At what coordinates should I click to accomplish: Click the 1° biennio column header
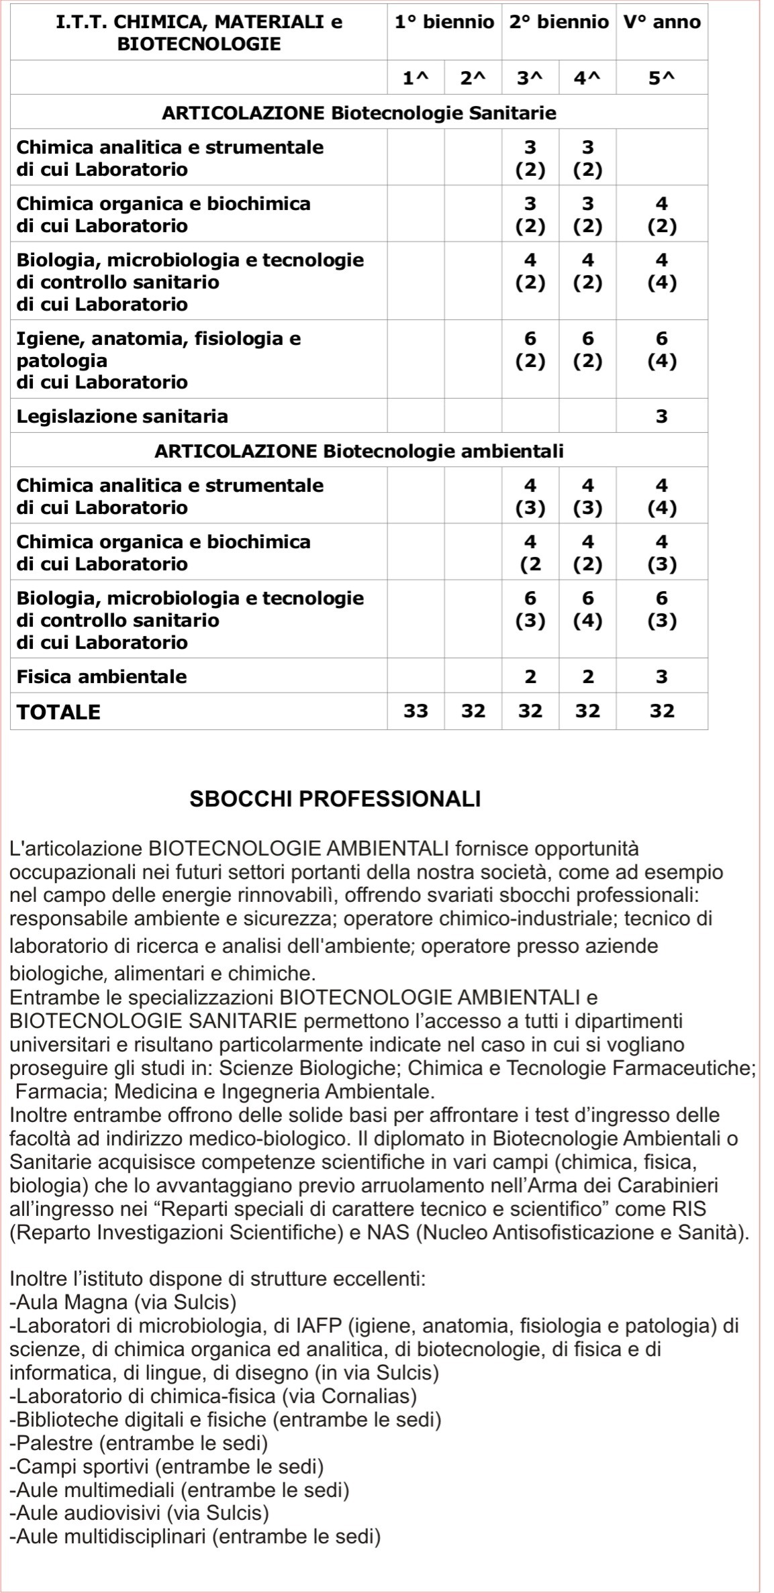444,22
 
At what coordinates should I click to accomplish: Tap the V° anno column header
661,22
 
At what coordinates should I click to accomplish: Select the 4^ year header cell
587,79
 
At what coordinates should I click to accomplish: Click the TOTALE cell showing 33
416,711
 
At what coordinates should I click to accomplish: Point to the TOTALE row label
59,712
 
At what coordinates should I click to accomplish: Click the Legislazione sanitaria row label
122,417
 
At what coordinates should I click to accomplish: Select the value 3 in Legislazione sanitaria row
661,417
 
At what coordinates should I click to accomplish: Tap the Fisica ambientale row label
101,676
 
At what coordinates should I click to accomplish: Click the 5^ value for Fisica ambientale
661,676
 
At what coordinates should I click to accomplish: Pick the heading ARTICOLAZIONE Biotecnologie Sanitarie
359,113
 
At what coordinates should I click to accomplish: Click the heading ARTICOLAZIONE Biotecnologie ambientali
359,451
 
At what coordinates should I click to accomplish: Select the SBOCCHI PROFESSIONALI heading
336,799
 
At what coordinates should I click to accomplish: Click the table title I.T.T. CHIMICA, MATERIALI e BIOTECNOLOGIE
199,33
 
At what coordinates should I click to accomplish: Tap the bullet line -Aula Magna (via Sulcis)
124,1302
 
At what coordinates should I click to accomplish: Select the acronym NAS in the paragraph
387,1233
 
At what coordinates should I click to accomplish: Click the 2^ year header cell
473,79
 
